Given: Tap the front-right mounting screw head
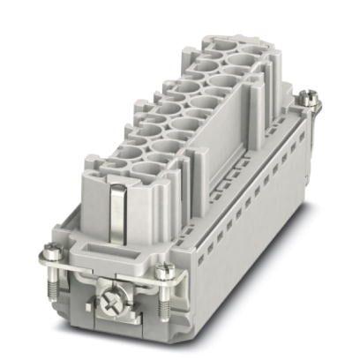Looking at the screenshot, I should (x=164, y=270).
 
